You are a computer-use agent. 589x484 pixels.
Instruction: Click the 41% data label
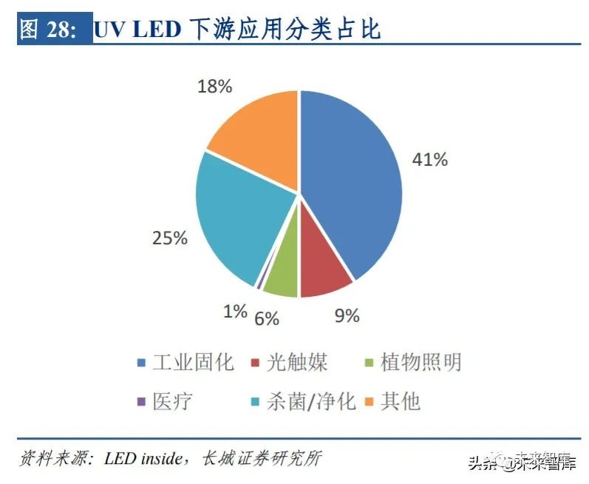[429, 159]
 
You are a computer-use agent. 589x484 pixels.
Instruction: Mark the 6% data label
[267, 318]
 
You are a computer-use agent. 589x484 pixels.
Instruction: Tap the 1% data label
[235, 312]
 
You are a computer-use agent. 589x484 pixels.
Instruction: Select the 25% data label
[169, 238]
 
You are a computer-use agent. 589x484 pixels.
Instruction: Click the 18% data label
[214, 86]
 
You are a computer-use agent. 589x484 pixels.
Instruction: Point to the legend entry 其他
[400, 401]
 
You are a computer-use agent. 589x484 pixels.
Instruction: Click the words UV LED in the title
[136, 30]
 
